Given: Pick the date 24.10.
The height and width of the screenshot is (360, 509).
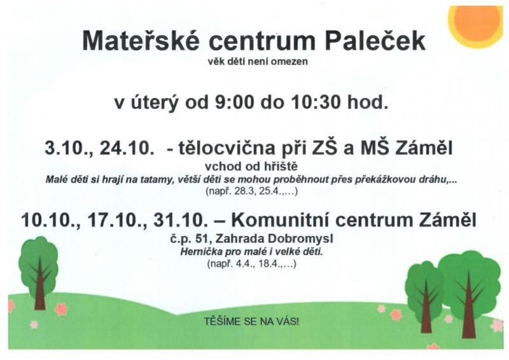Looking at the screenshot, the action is [127, 148].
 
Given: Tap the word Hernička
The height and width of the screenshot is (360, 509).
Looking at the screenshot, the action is [197, 251].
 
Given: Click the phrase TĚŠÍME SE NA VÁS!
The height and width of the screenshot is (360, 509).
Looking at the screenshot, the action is [251, 321].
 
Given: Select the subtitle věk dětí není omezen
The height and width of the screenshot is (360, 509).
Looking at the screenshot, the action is [258, 61].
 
